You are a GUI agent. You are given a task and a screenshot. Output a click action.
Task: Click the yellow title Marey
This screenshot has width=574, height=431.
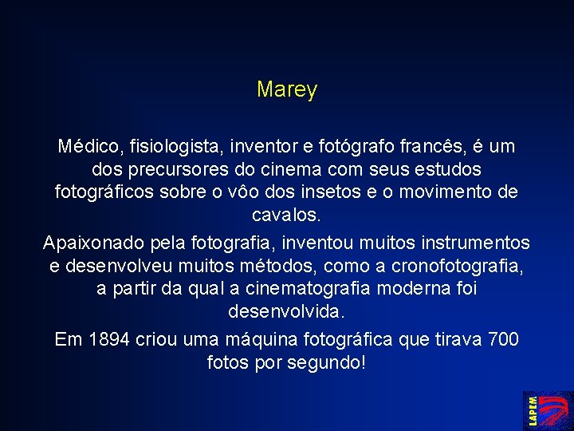(x=287, y=90)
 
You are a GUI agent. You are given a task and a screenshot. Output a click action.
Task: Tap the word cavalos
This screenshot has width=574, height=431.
(x=287, y=215)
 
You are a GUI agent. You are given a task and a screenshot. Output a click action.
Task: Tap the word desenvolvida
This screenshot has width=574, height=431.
(x=287, y=310)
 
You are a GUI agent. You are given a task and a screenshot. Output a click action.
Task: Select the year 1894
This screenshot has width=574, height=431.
(x=108, y=339)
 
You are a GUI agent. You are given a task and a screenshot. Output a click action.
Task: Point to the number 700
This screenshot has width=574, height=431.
(x=502, y=339)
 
